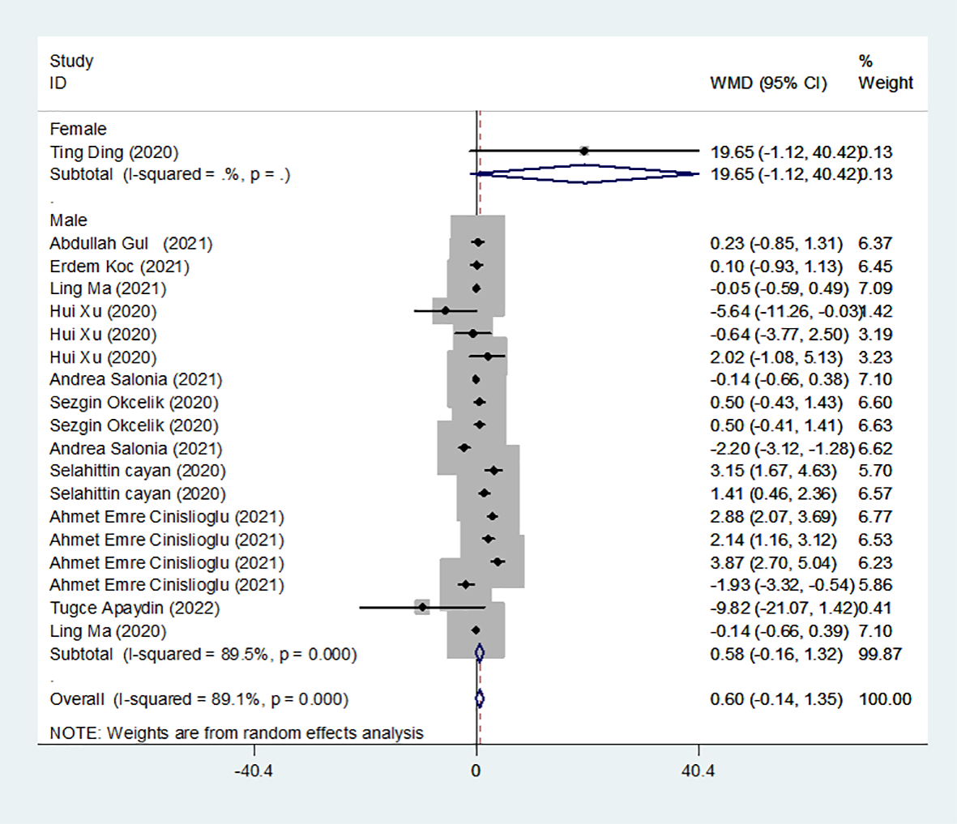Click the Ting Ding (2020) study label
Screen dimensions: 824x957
pyautogui.click(x=113, y=152)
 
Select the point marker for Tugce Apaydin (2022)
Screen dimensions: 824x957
pyautogui.click(x=422, y=606)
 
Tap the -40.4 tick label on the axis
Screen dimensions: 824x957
pyautogui.click(x=253, y=771)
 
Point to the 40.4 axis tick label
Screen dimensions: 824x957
pyautogui.click(x=698, y=771)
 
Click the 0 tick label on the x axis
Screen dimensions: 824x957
pyautogui.click(x=476, y=771)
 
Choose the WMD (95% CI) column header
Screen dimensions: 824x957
pyautogui.click(x=768, y=83)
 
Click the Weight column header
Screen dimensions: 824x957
pyautogui.click(x=886, y=83)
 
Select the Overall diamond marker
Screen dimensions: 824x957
pyautogui.click(x=479, y=698)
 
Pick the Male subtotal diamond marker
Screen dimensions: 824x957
pyautogui.click(x=479, y=653)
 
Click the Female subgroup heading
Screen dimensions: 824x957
pyautogui.click(x=78, y=129)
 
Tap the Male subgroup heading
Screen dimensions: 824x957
pyautogui.click(x=68, y=220)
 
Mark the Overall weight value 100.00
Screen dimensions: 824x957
pyautogui.click(x=885, y=698)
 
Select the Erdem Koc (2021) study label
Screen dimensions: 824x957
pyautogui.click(x=119, y=266)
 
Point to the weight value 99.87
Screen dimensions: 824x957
pyautogui.click(x=880, y=653)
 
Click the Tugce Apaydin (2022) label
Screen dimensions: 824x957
pyautogui.click(x=134, y=608)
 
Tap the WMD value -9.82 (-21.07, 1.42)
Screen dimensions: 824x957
pyautogui.click(x=783, y=608)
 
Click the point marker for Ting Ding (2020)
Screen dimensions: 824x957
pyautogui.click(x=584, y=150)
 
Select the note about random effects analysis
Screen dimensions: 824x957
pyautogui.click(x=236, y=733)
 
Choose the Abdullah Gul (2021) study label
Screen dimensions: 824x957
pyautogui.click(x=130, y=243)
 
